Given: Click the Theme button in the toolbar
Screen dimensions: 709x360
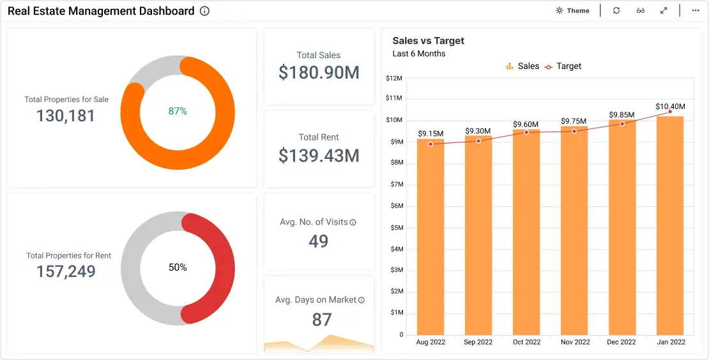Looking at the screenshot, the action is point(572,10).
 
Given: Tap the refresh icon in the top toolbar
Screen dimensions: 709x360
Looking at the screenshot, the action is point(616,10).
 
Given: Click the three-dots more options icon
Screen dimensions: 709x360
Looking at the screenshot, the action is point(696,10).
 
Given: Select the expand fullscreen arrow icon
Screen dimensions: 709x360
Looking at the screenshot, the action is point(664,10).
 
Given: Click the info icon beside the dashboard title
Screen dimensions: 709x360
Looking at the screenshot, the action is point(205,11).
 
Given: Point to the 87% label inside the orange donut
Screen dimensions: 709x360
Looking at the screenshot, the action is point(178,110).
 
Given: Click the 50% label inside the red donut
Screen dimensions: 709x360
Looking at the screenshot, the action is point(178,267).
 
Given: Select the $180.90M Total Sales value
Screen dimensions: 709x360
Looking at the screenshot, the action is point(319,72).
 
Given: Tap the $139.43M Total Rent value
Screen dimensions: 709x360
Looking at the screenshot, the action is point(319,155).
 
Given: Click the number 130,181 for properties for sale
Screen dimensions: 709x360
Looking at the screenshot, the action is point(66,116).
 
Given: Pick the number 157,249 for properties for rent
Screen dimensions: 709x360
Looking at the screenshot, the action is point(66,271).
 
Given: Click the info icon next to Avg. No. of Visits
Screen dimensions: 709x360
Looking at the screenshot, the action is point(353,222).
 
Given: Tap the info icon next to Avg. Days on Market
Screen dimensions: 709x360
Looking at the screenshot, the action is point(362,300).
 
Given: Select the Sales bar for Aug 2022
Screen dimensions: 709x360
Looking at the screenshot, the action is point(431,237).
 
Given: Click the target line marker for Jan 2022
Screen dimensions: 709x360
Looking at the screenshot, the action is point(670,112).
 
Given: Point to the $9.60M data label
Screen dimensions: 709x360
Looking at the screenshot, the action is point(526,124).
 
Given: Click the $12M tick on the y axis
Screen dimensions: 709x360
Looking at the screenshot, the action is point(394,78).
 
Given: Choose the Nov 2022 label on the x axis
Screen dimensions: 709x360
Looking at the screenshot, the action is point(575,342).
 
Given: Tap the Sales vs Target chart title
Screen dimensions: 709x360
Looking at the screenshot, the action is point(428,41).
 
